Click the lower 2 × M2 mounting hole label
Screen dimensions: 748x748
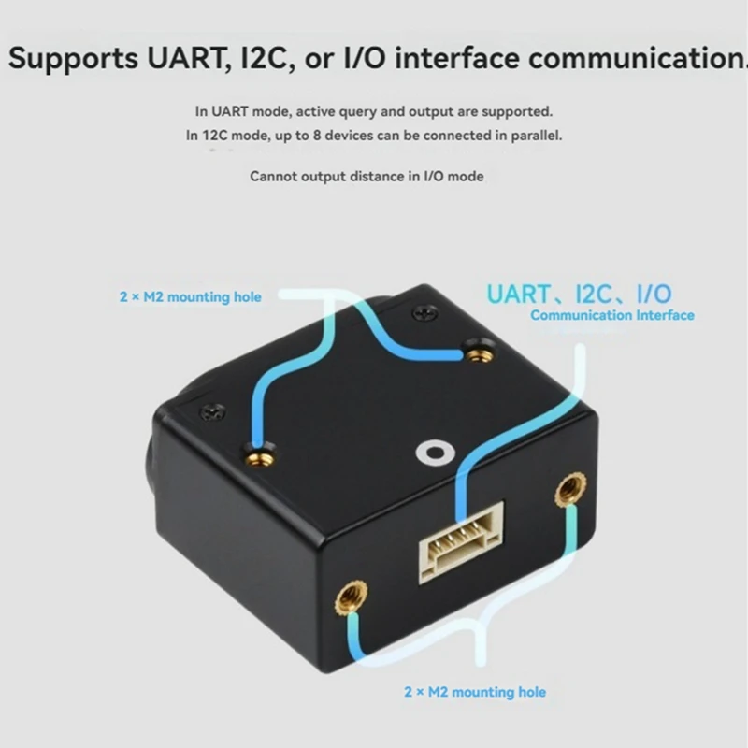[474, 692]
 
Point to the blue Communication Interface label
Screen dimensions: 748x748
[611, 315]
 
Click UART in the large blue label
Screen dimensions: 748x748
[518, 293]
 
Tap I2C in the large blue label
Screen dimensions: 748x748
[597, 293]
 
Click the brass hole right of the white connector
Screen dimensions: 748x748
[568, 490]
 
